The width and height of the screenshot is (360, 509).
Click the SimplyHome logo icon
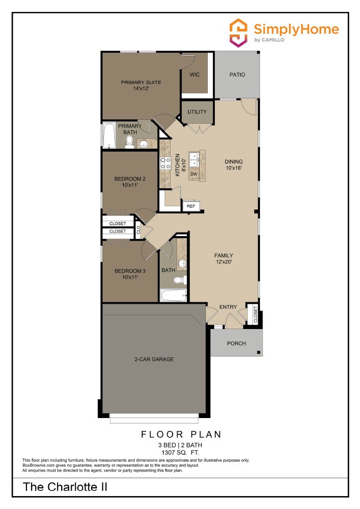point(238,33)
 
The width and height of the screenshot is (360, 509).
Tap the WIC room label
point(194,75)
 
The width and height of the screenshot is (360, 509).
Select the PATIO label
point(237,75)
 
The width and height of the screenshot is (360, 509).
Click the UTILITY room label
point(197,112)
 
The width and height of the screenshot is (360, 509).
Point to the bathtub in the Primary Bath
point(109,136)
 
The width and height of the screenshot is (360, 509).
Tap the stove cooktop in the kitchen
point(165,163)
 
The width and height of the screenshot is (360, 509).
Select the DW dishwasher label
point(194,174)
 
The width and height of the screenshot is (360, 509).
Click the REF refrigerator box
point(191,206)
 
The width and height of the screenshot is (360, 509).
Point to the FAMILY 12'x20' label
point(224,259)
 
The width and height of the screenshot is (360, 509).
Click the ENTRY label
point(228,307)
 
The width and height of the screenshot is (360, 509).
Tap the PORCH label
point(236,343)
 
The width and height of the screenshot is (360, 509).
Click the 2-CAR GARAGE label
point(154,359)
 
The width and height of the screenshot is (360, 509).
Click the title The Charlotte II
point(65,487)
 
